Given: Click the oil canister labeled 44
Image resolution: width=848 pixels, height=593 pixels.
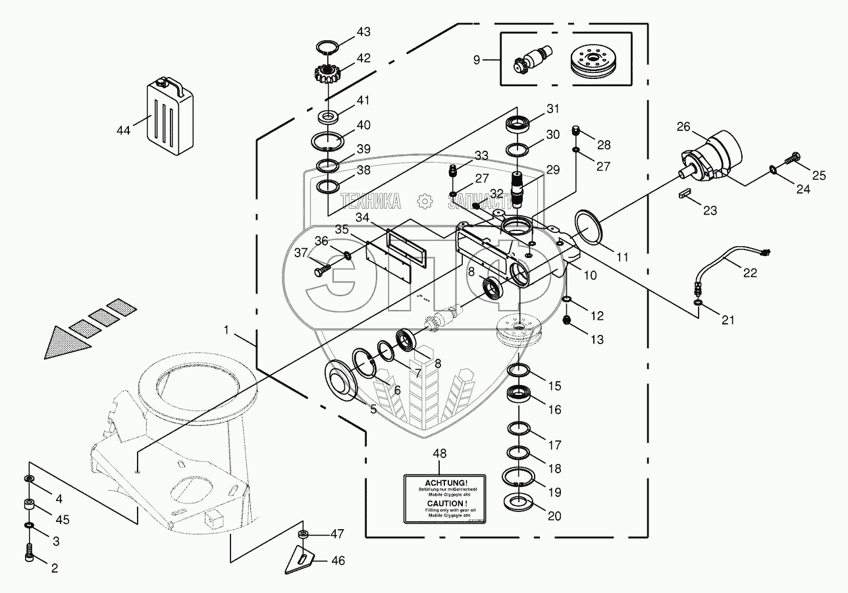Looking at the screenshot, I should pos(169,115).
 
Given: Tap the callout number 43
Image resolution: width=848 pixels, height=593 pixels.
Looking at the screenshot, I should pos(363,32).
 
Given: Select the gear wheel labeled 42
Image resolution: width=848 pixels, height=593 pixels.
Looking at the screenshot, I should pos(327,70).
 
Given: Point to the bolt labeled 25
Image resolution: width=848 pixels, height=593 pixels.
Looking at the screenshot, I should pos(792,159).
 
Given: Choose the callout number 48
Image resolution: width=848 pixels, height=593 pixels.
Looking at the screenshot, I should pos(440,453).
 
